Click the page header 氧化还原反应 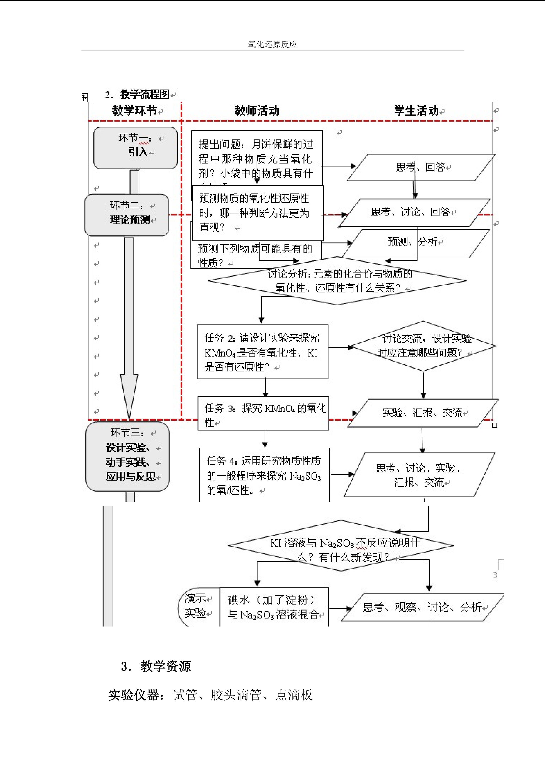pos(272,44)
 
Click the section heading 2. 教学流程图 pos(137,94)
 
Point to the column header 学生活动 pos(416,110)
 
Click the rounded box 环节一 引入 pos(135,147)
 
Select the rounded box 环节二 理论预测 pos(127,215)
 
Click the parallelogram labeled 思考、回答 pos(421,167)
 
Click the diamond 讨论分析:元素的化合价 pos(337,281)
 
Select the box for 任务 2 pos(263,352)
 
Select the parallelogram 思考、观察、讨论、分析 pos(422,607)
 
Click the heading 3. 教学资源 pos(156,666)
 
